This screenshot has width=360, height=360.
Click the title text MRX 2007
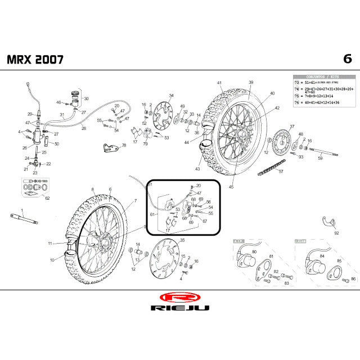35,59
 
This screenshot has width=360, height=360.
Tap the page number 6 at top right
346,59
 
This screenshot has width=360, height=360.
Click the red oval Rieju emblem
179,296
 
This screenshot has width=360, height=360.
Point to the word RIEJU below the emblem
179,308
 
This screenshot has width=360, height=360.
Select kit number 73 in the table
296,82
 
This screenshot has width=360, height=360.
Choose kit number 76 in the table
296,102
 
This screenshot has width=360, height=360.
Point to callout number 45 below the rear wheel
231,187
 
